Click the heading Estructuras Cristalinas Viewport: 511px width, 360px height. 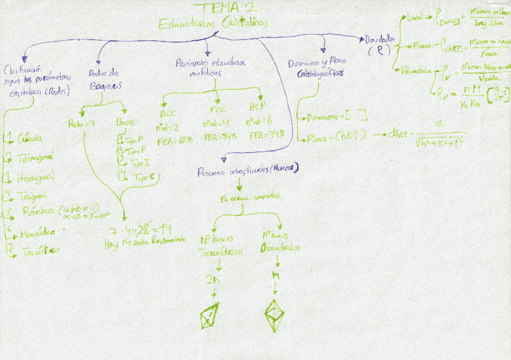[x=213, y=24]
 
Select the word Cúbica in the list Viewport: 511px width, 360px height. [x=30, y=138]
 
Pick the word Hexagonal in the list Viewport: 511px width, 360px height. [x=36, y=177]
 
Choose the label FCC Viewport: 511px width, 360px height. [x=218, y=111]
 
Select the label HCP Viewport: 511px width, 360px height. [x=257, y=108]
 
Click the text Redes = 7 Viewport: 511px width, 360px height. [x=83, y=124]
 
